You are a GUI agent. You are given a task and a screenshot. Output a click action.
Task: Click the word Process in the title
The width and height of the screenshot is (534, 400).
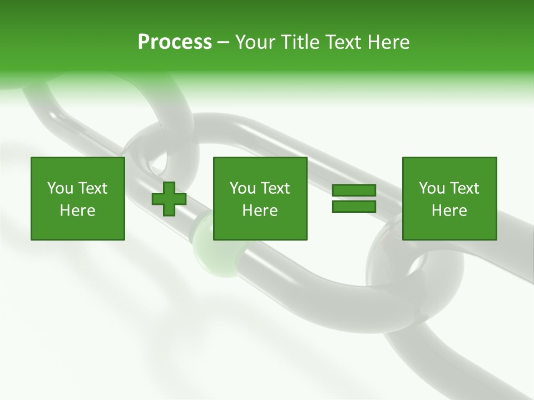(175, 42)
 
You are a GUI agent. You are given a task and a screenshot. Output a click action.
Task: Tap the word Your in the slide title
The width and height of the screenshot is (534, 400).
(256, 42)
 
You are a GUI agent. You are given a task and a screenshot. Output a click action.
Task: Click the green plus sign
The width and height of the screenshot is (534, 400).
(169, 199)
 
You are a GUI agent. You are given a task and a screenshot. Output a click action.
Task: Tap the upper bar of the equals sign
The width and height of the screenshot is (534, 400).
(354, 191)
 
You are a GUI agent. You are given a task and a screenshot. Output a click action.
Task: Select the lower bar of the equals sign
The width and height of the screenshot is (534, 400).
(354, 206)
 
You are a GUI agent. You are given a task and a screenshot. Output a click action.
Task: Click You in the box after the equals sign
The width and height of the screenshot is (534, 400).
(432, 188)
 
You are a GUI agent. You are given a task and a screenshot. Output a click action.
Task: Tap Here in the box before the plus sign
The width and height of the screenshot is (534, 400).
(78, 211)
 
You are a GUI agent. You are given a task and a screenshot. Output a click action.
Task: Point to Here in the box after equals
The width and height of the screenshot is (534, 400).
(449, 211)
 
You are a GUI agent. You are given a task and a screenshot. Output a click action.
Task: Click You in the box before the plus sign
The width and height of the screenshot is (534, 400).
(60, 188)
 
